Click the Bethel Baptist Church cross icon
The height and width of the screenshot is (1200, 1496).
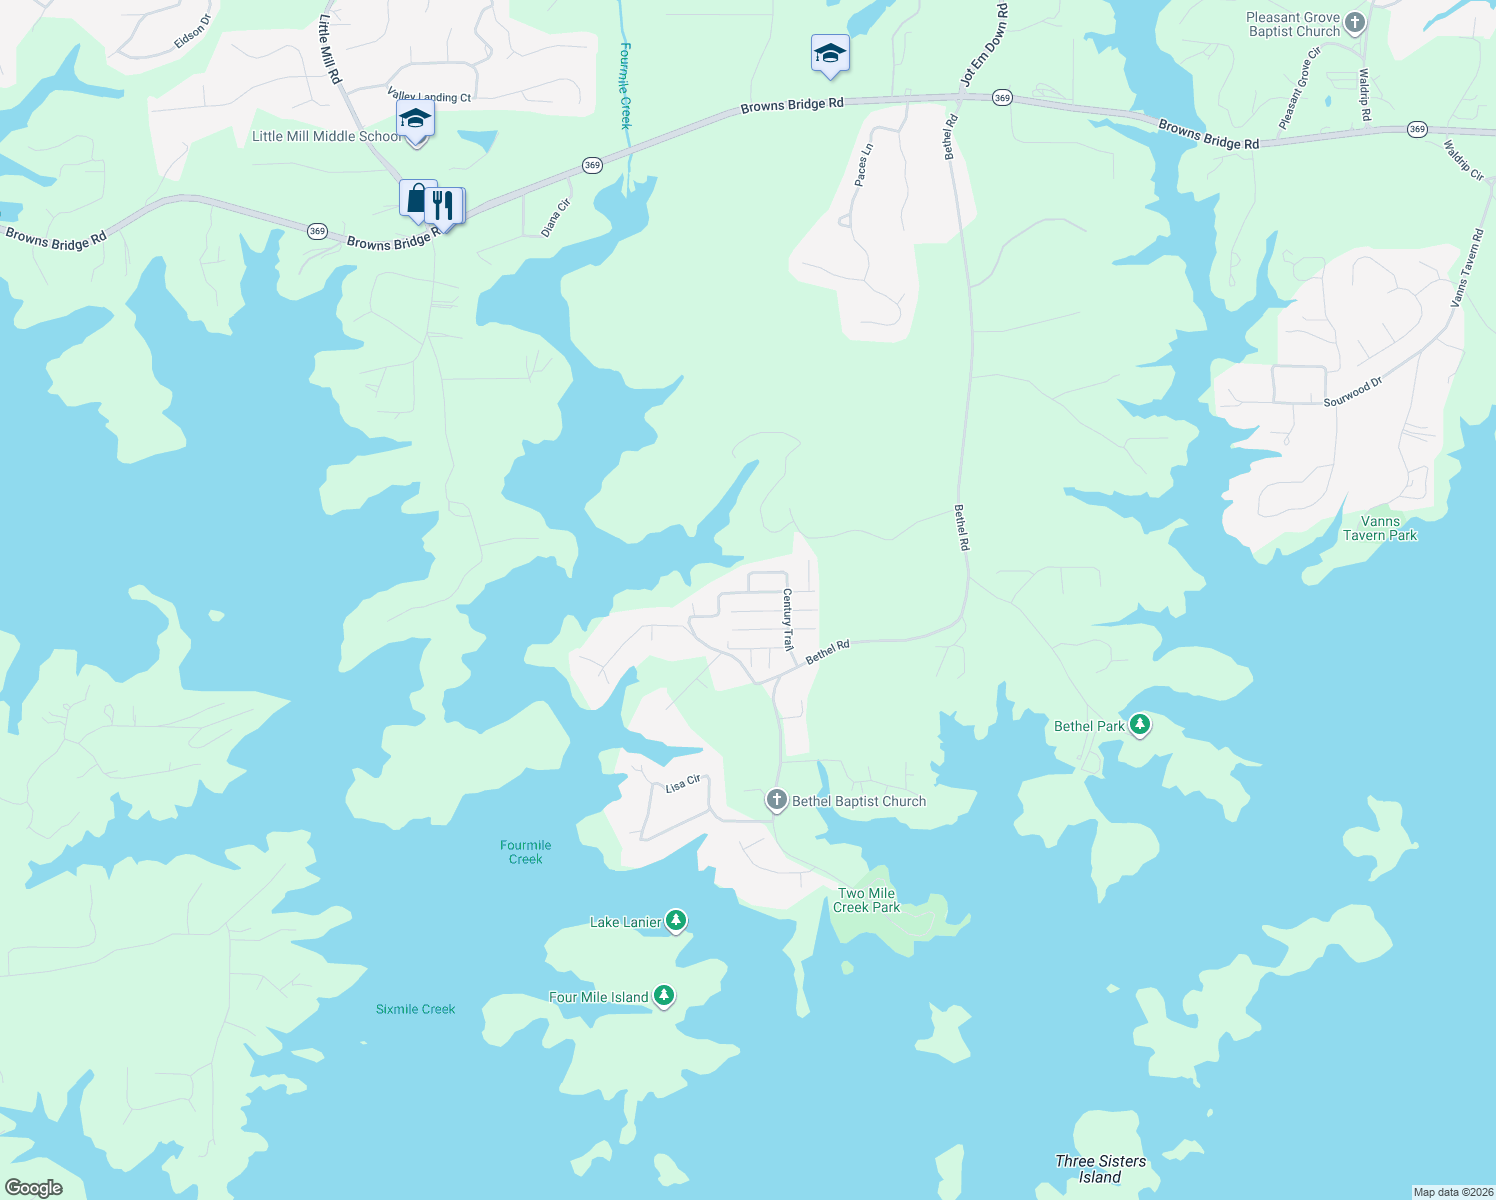pos(777,800)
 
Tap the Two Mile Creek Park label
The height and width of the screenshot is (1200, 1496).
pos(866,901)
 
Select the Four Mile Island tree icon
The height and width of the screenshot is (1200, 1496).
pos(664,996)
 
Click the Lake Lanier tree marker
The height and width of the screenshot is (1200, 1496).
pos(677,921)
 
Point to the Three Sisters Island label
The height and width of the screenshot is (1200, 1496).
pos(1100,1169)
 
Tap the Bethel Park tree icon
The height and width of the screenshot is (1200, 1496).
pos(1140,725)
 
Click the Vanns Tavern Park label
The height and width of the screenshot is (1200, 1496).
pos(1380,528)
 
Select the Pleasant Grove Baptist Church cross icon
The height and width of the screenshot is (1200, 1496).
pos(1355,22)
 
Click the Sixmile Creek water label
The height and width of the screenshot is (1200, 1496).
pos(415,1009)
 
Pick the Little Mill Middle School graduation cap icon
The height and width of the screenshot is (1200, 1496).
pos(415,120)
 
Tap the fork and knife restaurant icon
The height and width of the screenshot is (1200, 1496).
pos(443,206)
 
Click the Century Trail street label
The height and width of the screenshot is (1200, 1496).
pos(788,620)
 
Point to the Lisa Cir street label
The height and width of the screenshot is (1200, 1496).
pos(683,785)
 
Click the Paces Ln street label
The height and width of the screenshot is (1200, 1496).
pos(864,165)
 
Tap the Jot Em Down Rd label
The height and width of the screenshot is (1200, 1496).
pos(984,44)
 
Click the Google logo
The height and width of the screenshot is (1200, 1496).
pos(34,1188)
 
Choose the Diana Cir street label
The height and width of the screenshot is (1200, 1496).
pos(556,218)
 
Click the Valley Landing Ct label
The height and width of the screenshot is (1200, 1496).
pos(429,97)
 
